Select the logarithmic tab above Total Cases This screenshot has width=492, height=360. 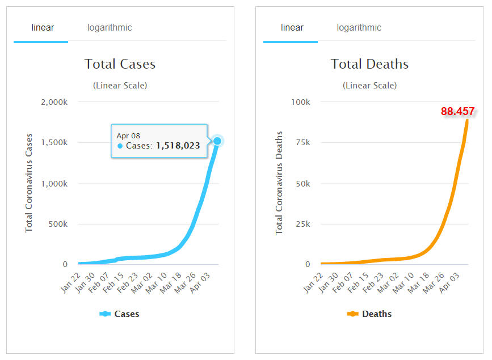click(x=110, y=28)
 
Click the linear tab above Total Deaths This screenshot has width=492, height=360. click(x=292, y=28)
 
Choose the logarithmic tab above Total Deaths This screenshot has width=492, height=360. click(x=359, y=28)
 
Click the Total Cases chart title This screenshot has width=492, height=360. click(x=120, y=64)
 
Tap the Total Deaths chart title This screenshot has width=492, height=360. click(x=369, y=64)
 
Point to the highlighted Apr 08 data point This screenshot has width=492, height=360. click(x=217, y=141)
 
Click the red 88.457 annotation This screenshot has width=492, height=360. click(x=457, y=112)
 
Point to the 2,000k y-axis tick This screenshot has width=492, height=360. click(x=54, y=102)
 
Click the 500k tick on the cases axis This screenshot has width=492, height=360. click(x=58, y=224)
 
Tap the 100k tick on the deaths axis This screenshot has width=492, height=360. click(x=301, y=102)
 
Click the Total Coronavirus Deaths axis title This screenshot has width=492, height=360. click(x=279, y=183)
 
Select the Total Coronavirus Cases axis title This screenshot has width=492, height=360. click(x=29, y=183)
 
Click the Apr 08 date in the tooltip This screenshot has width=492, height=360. click(x=128, y=135)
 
